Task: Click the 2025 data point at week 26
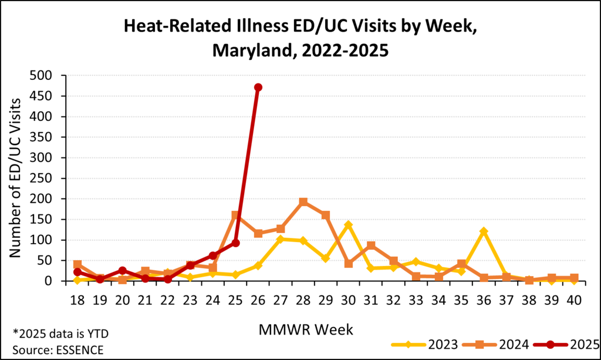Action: tap(258, 87)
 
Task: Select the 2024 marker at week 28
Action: tap(303, 202)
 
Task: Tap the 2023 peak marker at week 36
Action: tap(484, 231)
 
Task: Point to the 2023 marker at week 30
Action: tap(349, 224)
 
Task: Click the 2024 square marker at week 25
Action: tap(235, 216)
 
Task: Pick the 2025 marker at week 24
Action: tap(213, 255)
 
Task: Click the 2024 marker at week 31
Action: tap(371, 245)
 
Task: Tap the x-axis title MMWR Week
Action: tap(306, 330)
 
